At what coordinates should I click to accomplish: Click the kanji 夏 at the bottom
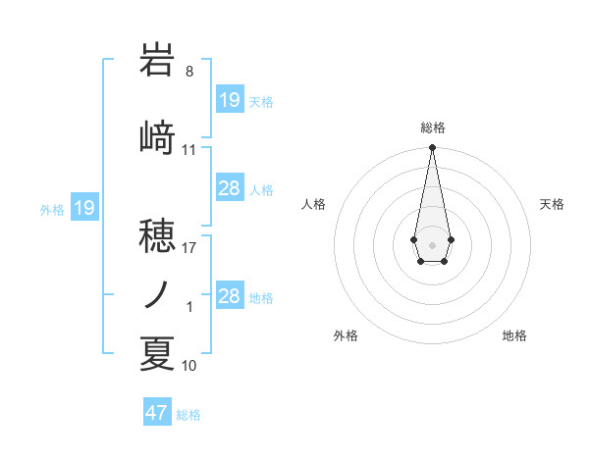157,353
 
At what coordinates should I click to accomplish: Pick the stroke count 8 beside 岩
188,72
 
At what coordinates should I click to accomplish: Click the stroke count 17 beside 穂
189,247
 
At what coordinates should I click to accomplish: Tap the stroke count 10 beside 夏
189,366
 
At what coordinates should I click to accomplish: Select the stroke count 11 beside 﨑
189,150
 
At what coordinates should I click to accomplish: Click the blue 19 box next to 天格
230,100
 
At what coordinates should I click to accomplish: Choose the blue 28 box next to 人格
230,189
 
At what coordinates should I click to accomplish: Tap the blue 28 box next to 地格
230,297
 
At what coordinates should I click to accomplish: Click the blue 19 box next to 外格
83,208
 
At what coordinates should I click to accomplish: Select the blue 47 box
157,413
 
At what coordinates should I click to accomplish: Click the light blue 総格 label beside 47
188,415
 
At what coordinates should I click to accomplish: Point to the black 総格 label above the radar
432,128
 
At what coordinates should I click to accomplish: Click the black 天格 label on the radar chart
553,204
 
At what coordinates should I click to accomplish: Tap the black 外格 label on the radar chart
346,335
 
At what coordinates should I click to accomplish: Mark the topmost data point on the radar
432,148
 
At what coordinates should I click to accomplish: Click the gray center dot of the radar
432,243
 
